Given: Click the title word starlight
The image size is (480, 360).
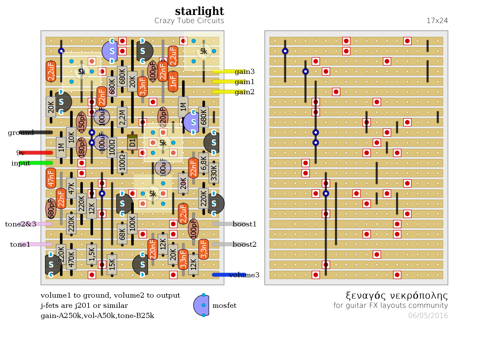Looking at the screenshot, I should tap(199, 11).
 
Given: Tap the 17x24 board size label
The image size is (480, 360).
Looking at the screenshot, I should tap(437, 21).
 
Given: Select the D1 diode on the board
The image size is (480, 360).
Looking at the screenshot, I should tap(132, 142).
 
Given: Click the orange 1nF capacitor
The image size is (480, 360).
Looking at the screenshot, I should tap(173, 81).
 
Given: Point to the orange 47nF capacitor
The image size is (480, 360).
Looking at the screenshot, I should tap(51, 178).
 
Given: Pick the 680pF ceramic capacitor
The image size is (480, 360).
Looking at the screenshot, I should tap(51, 208).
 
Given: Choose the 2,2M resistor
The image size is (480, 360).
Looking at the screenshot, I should tap(122, 117).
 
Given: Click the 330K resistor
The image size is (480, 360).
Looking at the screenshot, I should tap(214, 173).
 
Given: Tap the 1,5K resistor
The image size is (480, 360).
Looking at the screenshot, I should tap(92, 254).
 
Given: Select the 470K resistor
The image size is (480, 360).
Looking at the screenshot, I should tap(71, 259).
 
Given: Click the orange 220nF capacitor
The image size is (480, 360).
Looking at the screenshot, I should tap(153, 249).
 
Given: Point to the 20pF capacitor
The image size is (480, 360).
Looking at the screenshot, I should tap(163, 117).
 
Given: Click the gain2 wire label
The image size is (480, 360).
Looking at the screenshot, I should tap(244, 92).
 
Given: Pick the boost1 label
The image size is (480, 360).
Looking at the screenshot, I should tap(244, 224).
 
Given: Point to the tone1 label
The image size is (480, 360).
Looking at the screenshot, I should tap(20, 244).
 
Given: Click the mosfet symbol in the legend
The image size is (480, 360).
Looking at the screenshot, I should tap(201, 305).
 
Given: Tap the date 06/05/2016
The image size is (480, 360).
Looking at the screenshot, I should tap(428, 316).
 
